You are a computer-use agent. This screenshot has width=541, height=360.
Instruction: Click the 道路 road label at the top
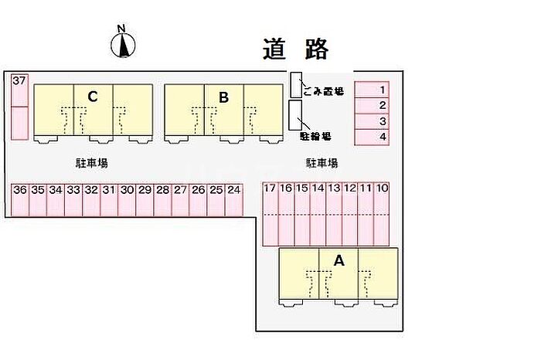click(296, 48)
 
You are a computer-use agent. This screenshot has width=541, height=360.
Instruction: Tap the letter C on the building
click(92, 97)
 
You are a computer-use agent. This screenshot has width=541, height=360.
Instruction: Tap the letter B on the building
click(223, 97)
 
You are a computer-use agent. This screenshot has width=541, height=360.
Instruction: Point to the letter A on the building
click(338, 261)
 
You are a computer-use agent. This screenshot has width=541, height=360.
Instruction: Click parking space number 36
click(20, 199)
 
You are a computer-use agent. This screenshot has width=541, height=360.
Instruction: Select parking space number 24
click(233, 199)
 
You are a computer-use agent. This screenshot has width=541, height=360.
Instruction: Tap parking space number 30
click(127, 199)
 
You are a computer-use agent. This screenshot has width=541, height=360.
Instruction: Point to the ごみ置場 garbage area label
click(323, 90)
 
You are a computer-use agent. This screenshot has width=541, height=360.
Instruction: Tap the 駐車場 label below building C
click(91, 163)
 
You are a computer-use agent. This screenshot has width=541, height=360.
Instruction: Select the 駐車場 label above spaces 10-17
click(322, 163)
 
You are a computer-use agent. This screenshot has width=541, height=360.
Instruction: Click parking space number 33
click(73, 199)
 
